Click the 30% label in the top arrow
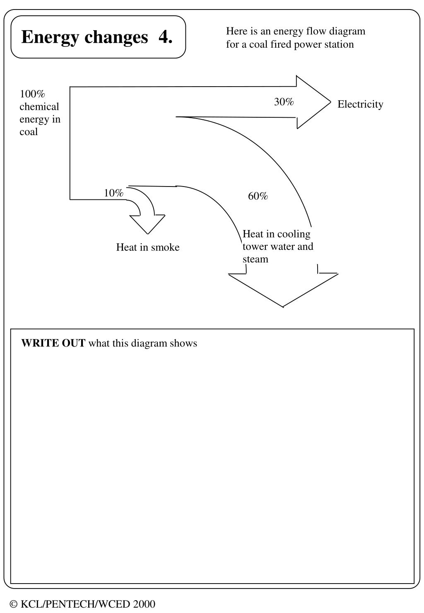coord(284,102)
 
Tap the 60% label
coord(258,196)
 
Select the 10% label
coord(113,193)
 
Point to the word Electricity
coord(360,104)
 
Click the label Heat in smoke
coord(148,247)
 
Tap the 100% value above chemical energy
coord(32,94)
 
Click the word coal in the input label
coord(29,132)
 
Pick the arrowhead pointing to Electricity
coord(313,102)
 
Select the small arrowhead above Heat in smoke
coord(147,224)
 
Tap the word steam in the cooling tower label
coord(255,259)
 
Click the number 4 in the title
coord(165,37)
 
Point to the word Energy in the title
coord(50,37)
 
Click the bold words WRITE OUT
coord(53,343)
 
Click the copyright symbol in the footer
coord(14,604)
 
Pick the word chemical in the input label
coord(39,107)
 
